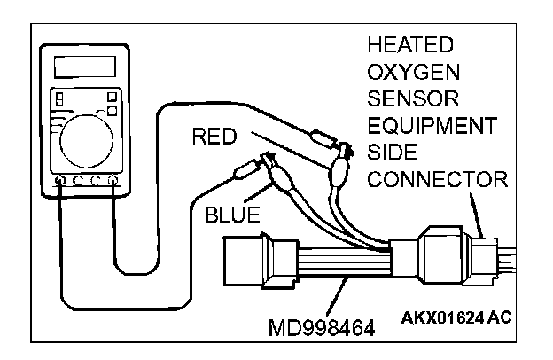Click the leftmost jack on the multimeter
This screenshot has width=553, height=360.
point(59,181)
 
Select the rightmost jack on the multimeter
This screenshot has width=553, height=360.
point(113,181)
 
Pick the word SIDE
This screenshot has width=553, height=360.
point(387,152)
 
